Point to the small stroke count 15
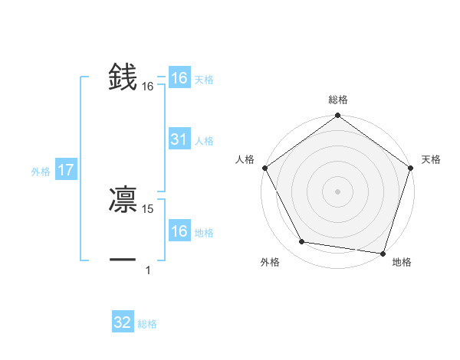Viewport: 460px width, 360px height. (x=149, y=208)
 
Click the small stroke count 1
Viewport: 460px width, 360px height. (x=148, y=270)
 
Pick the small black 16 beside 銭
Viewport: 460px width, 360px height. (x=148, y=87)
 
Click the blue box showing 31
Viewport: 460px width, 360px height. (x=179, y=139)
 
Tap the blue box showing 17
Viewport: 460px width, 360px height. (x=65, y=171)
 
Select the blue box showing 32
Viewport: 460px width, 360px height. (x=123, y=322)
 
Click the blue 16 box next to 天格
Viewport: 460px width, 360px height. (x=179, y=78)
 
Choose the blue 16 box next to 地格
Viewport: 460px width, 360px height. (x=179, y=231)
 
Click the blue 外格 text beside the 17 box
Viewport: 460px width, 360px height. (x=41, y=172)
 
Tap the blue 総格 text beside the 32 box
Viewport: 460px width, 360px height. (x=147, y=324)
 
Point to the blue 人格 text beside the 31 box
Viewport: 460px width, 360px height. (x=204, y=141)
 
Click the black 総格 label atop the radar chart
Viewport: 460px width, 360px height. (x=338, y=100)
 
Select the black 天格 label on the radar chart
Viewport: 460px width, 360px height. (x=432, y=159)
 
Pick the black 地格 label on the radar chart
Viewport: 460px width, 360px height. (x=402, y=262)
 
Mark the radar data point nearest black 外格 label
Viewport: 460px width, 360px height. (x=302, y=242)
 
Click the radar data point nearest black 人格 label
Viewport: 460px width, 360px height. (x=265, y=168)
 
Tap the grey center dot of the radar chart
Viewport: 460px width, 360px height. (x=338, y=191)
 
